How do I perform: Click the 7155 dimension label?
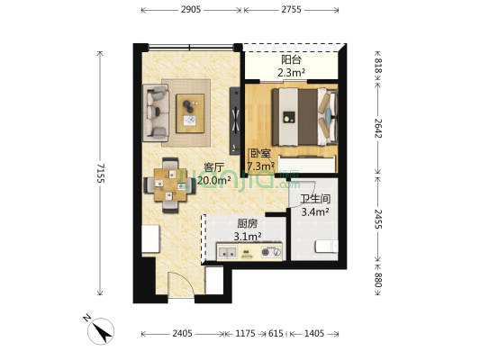pyautogui.click(x=100, y=173)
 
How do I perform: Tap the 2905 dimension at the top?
pyautogui.click(x=191, y=10)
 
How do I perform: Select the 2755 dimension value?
pyautogui.click(x=291, y=10)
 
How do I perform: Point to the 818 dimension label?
pyautogui.click(x=378, y=66)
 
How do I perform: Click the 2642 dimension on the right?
pyautogui.click(x=378, y=128)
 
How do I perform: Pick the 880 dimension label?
pyautogui.click(x=378, y=280)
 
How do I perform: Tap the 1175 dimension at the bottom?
pyautogui.click(x=245, y=333)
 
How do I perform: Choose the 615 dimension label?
pyautogui.click(x=276, y=333)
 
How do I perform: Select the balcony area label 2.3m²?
pyautogui.click(x=291, y=73)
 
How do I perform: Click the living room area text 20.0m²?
pyautogui.click(x=214, y=181)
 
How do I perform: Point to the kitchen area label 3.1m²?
pyautogui.click(x=248, y=237)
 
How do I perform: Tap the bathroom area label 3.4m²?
pyautogui.click(x=315, y=211)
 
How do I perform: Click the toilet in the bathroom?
pyautogui.click(x=327, y=247)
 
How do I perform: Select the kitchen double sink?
pyautogui.click(x=227, y=253)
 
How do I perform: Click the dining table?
pyautogui.click(x=170, y=185)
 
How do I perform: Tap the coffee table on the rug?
pyautogui.click(x=190, y=113)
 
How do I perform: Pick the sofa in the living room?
pyautogui.click(x=156, y=113)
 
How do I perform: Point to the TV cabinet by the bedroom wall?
pyautogui.click(x=235, y=121)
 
